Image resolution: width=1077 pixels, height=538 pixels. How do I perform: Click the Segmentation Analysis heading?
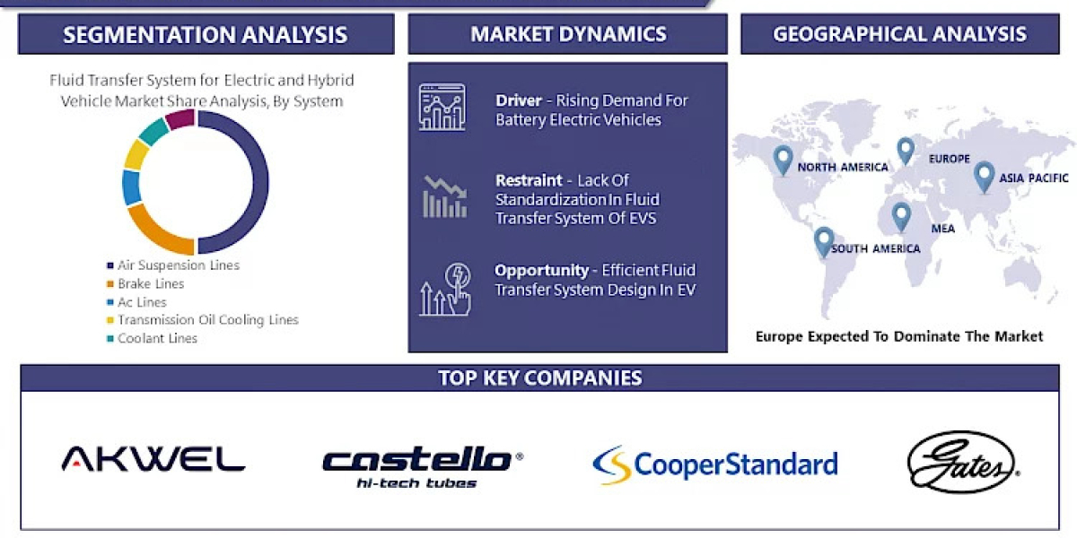[x=206, y=35]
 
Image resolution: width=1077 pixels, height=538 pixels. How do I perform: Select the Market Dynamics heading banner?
[x=568, y=35]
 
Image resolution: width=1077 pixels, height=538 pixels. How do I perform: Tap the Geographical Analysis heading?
[x=899, y=35]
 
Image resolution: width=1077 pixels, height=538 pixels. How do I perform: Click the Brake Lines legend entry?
[x=150, y=284]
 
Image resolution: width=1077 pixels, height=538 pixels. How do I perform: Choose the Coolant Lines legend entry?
[x=157, y=338]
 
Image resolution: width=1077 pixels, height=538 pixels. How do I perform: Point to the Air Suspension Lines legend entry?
[x=178, y=265]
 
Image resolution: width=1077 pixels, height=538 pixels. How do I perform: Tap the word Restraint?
[x=530, y=180]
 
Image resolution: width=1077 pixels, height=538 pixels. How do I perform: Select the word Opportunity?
[x=541, y=270]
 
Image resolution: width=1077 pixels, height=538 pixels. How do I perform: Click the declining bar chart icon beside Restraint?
[x=444, y=197]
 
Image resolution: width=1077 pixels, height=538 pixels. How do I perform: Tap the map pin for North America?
[x=783, y=159]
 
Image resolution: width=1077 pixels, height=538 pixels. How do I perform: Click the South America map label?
[x=875, y=248]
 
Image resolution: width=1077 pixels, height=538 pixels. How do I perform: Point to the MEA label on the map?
[x=942, y=229]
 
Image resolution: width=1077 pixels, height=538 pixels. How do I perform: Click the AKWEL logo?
[x=153, y=459]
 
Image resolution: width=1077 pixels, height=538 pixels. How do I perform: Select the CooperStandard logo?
[x=715, y=464]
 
